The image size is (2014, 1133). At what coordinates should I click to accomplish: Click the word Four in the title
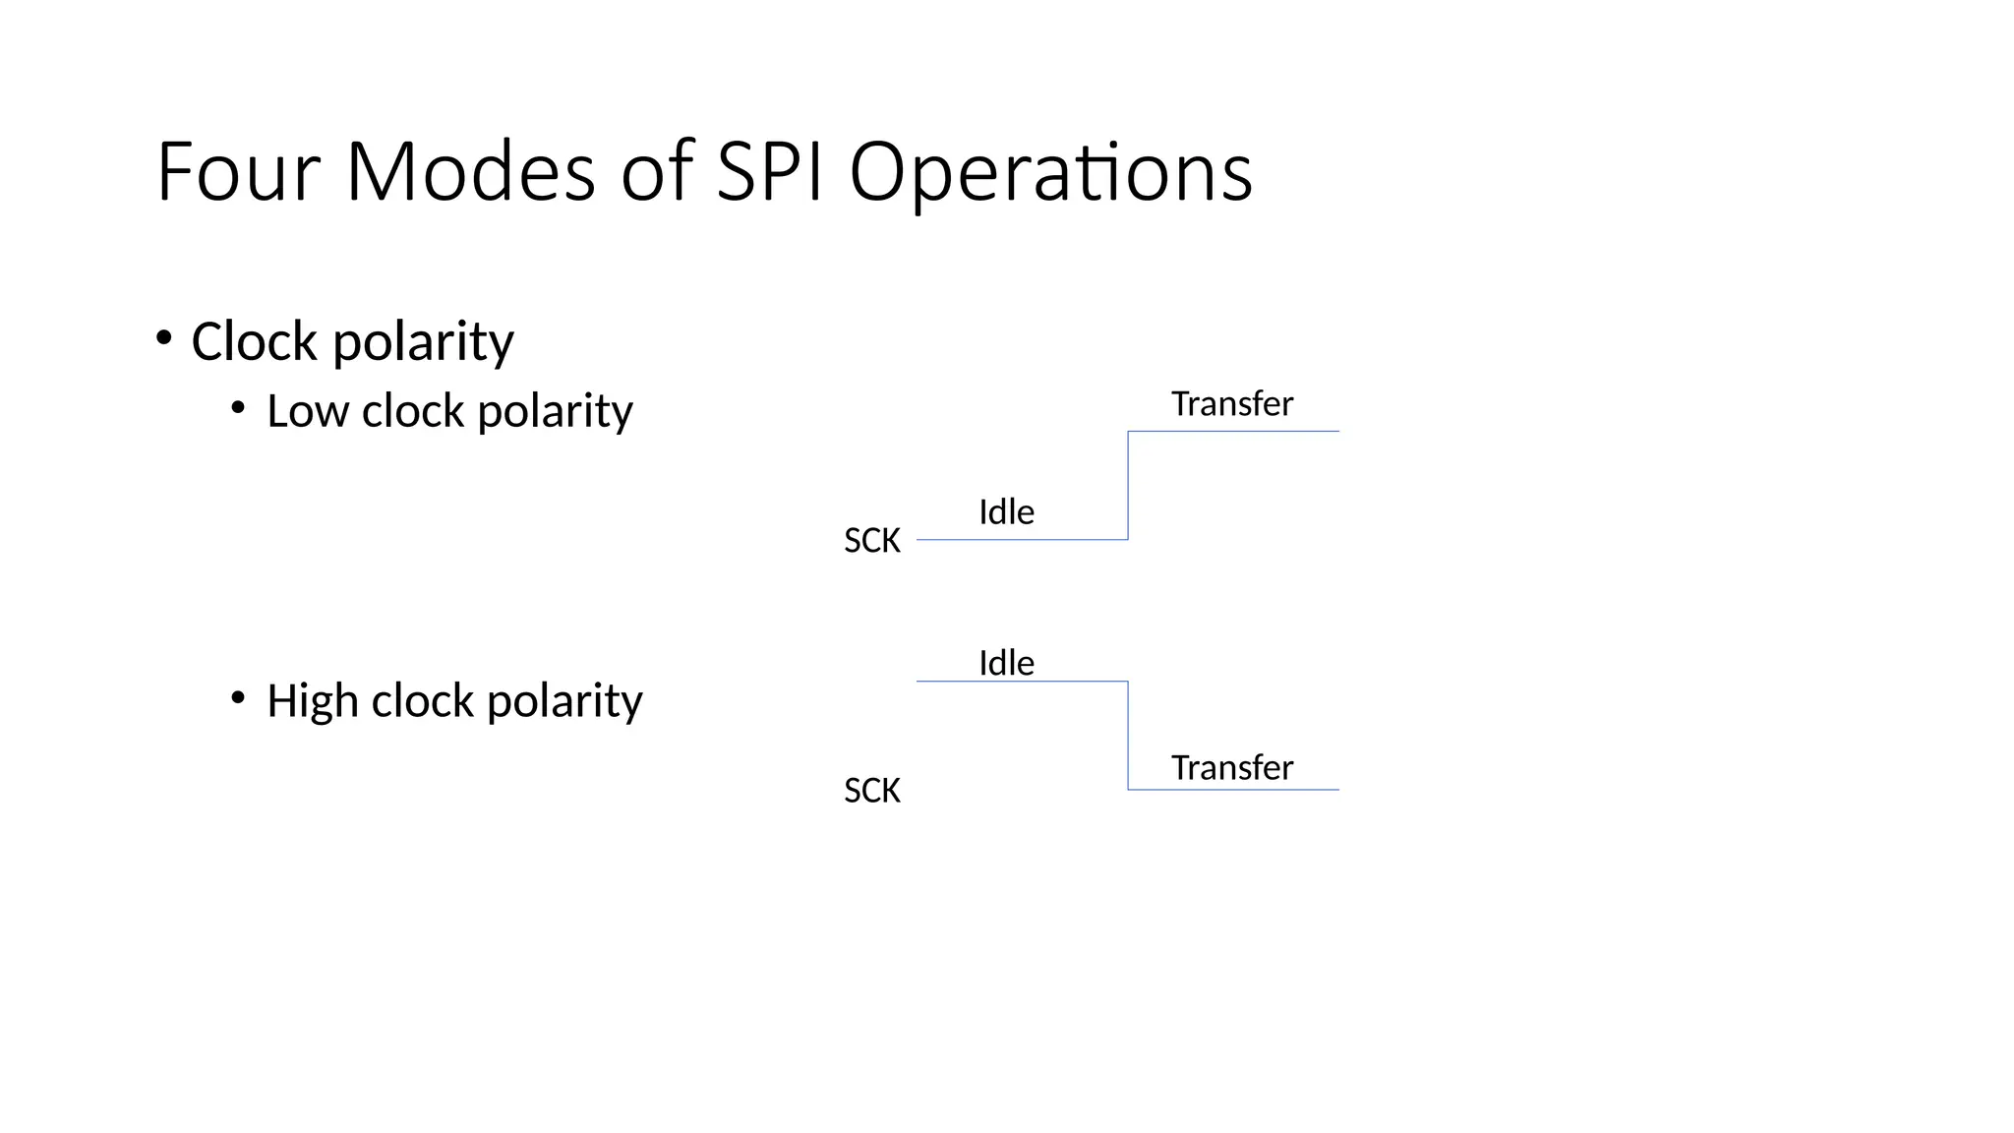click(237, 172)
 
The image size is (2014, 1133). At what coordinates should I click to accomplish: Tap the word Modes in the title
click(470, 172)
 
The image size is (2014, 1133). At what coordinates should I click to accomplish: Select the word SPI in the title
click(769, 172)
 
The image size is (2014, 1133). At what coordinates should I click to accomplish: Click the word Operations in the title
click(1050, 172)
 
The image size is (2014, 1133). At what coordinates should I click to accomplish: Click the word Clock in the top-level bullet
click(254, 341)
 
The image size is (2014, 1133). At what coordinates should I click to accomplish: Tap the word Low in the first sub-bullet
click(307, 410)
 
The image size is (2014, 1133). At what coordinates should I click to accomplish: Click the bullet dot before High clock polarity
click(238, 698)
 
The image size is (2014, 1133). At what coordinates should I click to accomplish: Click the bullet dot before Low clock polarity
click(238, 408)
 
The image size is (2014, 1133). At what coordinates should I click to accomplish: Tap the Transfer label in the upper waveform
click(1231, 403)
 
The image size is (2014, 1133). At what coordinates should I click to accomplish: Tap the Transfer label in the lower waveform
click(1231, 767)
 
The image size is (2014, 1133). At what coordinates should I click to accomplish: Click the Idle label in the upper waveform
click(1006, 511)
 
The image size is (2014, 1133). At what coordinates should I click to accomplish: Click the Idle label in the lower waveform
click(1006, 663)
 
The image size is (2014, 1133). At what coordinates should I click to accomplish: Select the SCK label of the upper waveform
click(871, 540)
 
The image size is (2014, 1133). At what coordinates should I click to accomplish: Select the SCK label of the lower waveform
click(871, 790)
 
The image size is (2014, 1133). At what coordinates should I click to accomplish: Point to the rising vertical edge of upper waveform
click(1128, 485)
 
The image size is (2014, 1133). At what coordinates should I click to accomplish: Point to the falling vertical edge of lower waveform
click(1128, 735)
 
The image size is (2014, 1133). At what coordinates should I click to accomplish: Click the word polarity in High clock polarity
click(564, 702)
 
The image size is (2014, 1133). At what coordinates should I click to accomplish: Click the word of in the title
click(657, 172)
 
